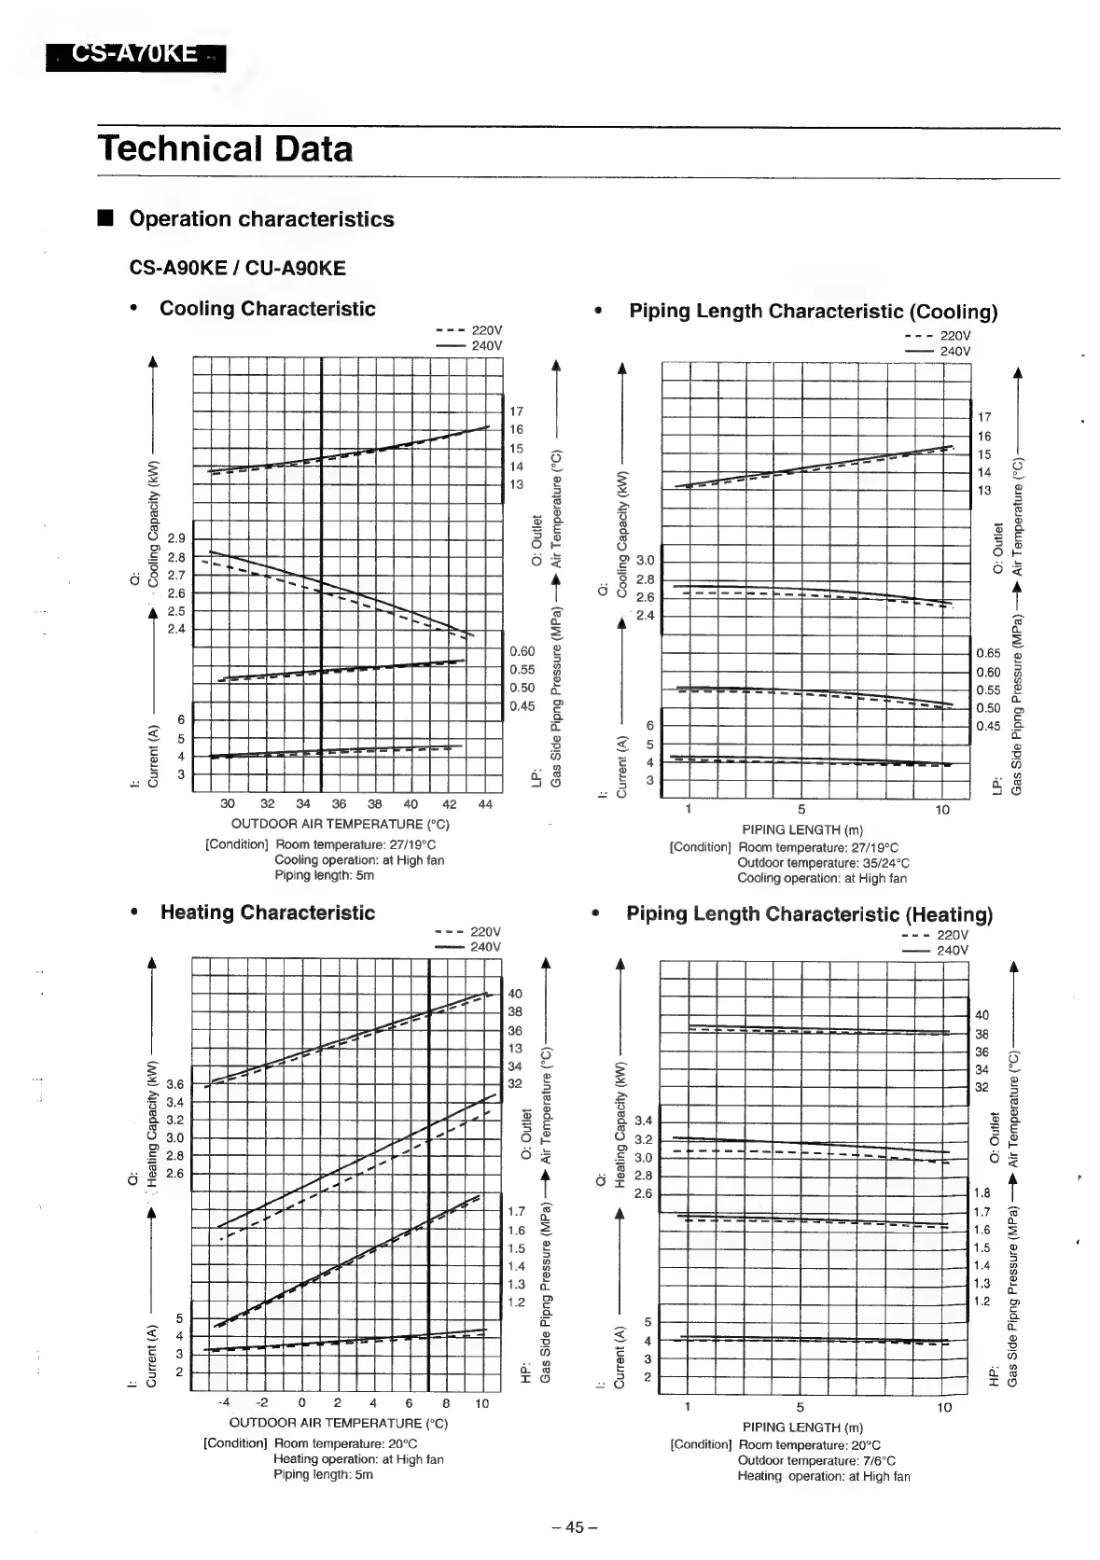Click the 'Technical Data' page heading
[225, 149]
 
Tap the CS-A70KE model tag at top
[136, 55]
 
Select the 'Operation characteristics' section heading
[261, 219]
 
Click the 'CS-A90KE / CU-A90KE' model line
[237, 269]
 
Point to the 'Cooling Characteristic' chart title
[267, 309]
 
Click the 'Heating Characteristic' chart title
[267, 912]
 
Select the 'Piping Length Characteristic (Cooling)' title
[813, 312]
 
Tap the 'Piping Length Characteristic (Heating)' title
[809, 914]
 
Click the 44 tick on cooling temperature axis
[485, 804]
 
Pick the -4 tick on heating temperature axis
[224, 1403]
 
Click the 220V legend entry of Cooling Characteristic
[470, 330]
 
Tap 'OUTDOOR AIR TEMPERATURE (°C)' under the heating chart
[339, 1423]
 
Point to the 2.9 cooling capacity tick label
[176, 538]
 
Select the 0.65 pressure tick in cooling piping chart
[988, 654]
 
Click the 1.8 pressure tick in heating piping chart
[982, 1193]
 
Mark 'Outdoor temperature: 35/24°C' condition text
[823, 863]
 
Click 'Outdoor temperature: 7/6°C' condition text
[816, 1460]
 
